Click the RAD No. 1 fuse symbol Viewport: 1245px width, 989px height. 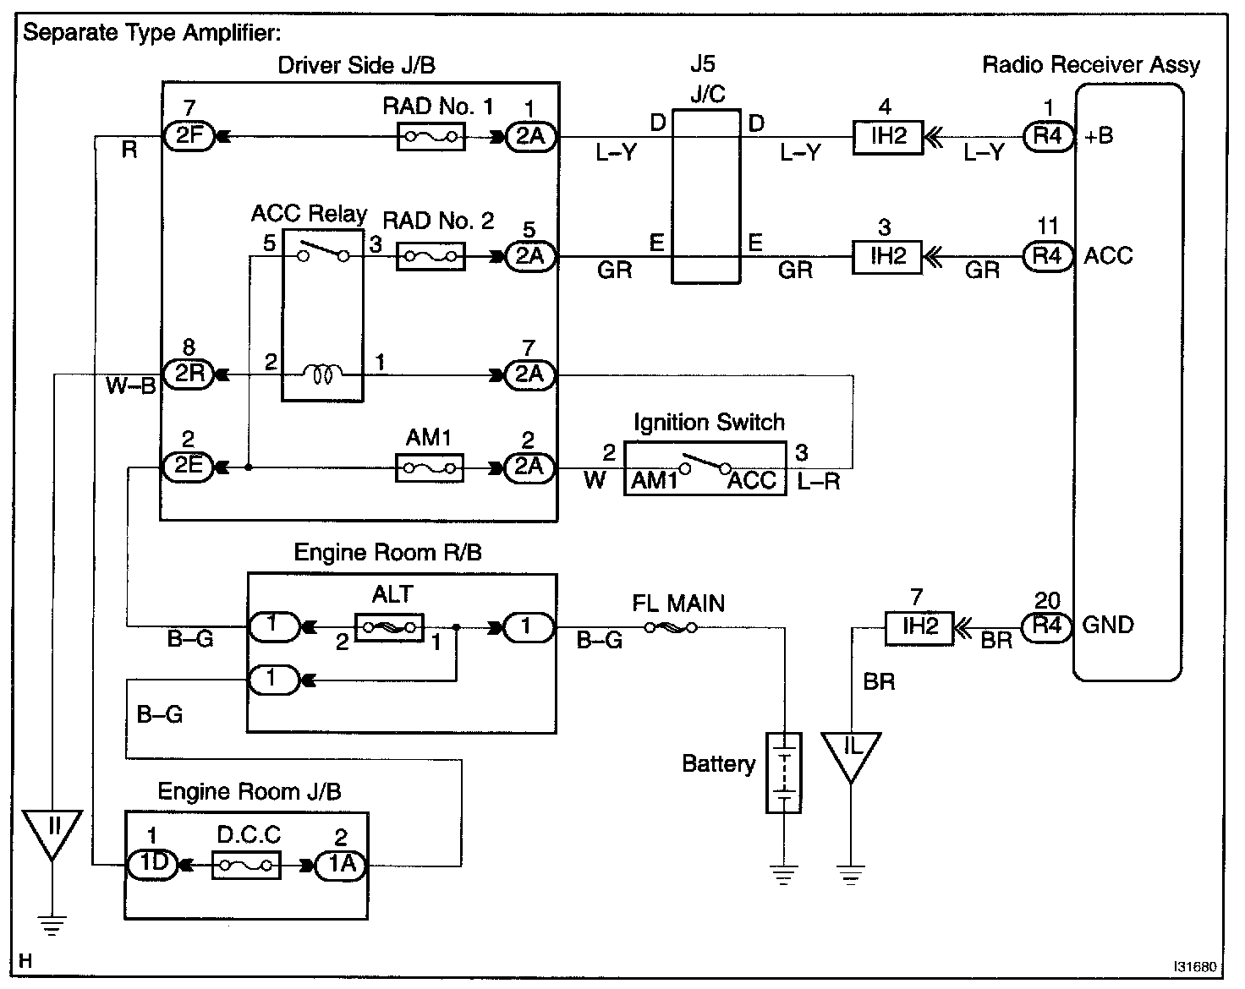coord(431,136)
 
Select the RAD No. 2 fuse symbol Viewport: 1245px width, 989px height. coord(431,256)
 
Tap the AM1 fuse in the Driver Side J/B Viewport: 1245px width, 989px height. coord(430,467)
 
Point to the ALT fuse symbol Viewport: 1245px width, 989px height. coord(389,627)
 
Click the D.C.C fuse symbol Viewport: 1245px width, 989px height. coord(245,866)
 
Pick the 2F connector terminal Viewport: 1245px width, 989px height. coord(189,136)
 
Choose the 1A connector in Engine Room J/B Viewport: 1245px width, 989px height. coord(340,866)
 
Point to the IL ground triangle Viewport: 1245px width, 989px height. coord(851,753)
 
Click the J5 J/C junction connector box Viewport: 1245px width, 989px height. coord(706,195)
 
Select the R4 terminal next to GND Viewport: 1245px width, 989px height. coord(1047,627)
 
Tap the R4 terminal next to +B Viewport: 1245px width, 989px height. coord(1047,136)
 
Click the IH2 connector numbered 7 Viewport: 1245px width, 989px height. coord(919,627)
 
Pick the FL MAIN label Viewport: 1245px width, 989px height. coord(678,604)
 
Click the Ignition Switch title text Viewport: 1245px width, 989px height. coord(709,422)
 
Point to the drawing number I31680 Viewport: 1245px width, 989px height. coord(1197,966)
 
